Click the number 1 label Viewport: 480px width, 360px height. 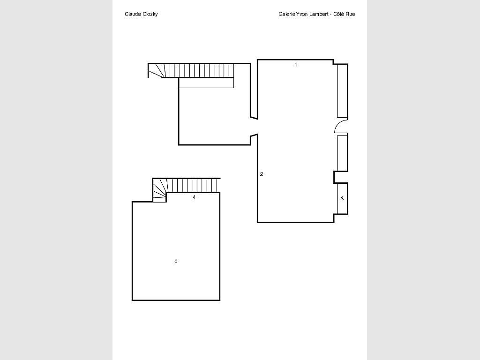click(296, 65)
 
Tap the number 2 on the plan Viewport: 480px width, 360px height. click(262, 174)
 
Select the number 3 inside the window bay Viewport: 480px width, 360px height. click(342, 198)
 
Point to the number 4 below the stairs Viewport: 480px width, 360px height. click(194, 197)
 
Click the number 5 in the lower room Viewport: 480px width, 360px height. click(176, 261)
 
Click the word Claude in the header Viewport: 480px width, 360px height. click(133, 14)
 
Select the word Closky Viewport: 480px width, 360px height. click(150, 15)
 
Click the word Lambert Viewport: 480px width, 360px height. click(319, 14)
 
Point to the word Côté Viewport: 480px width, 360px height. click(339, 14)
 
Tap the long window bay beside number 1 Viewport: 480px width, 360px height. click(342, 91)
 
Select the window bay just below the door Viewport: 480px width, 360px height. click(342, 153)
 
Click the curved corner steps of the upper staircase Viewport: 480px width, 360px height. click(157, 71)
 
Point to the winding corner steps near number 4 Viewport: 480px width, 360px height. click(160, 190)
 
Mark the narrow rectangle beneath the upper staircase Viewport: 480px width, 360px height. click(206, 83)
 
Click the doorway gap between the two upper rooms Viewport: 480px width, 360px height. click(254, 126)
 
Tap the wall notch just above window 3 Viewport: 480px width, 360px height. click(341, 177)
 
